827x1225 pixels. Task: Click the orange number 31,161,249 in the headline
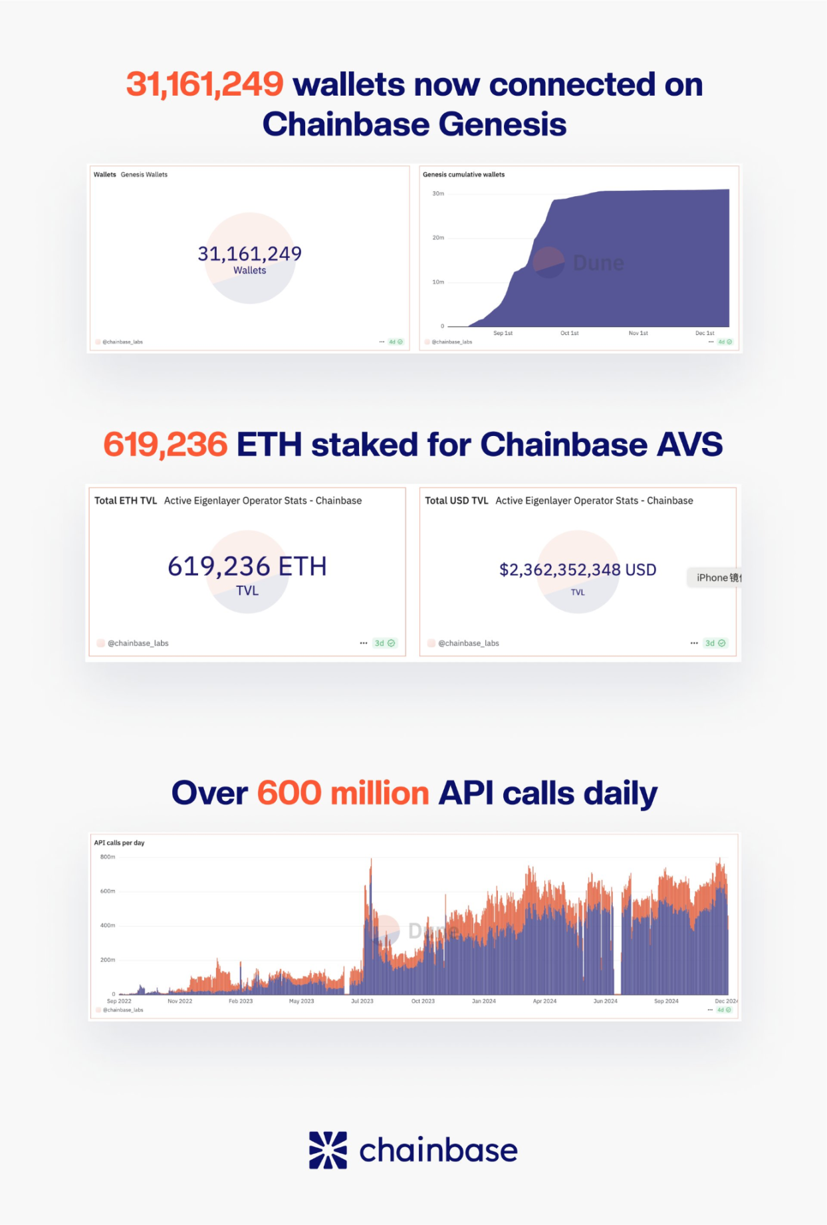(x=205, y=85)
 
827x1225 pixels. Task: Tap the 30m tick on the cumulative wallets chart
(x=438, y=193)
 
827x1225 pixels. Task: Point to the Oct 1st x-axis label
(x=569, y=333)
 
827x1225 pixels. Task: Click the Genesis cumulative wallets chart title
(x=463, y=175)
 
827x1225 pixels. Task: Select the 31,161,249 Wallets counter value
(x=249, y=254)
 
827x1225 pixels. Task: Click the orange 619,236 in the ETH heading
(x=166, y=445)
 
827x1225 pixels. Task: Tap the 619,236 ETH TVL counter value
(x=247, y=567)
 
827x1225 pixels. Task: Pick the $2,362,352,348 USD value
(x=578, y=570)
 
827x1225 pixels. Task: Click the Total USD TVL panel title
(x=457, y=501)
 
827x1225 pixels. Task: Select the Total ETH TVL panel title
(x=126, y=501)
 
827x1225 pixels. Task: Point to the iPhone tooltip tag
(x=717, y=578)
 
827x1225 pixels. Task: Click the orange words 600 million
(x=343, y=794)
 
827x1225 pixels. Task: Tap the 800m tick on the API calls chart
(x=108, y=857)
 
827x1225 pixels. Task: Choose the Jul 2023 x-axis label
(x=362, y=1001)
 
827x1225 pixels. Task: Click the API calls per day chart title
(x=119, y=843)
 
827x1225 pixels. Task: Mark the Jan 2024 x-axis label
(x=484, y=1001)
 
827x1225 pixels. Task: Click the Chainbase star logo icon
(x=328, y=1150)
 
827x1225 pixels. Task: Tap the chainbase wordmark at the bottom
(x=438, y=1151)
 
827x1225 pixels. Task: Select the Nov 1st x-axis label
(x=638, y=333)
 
